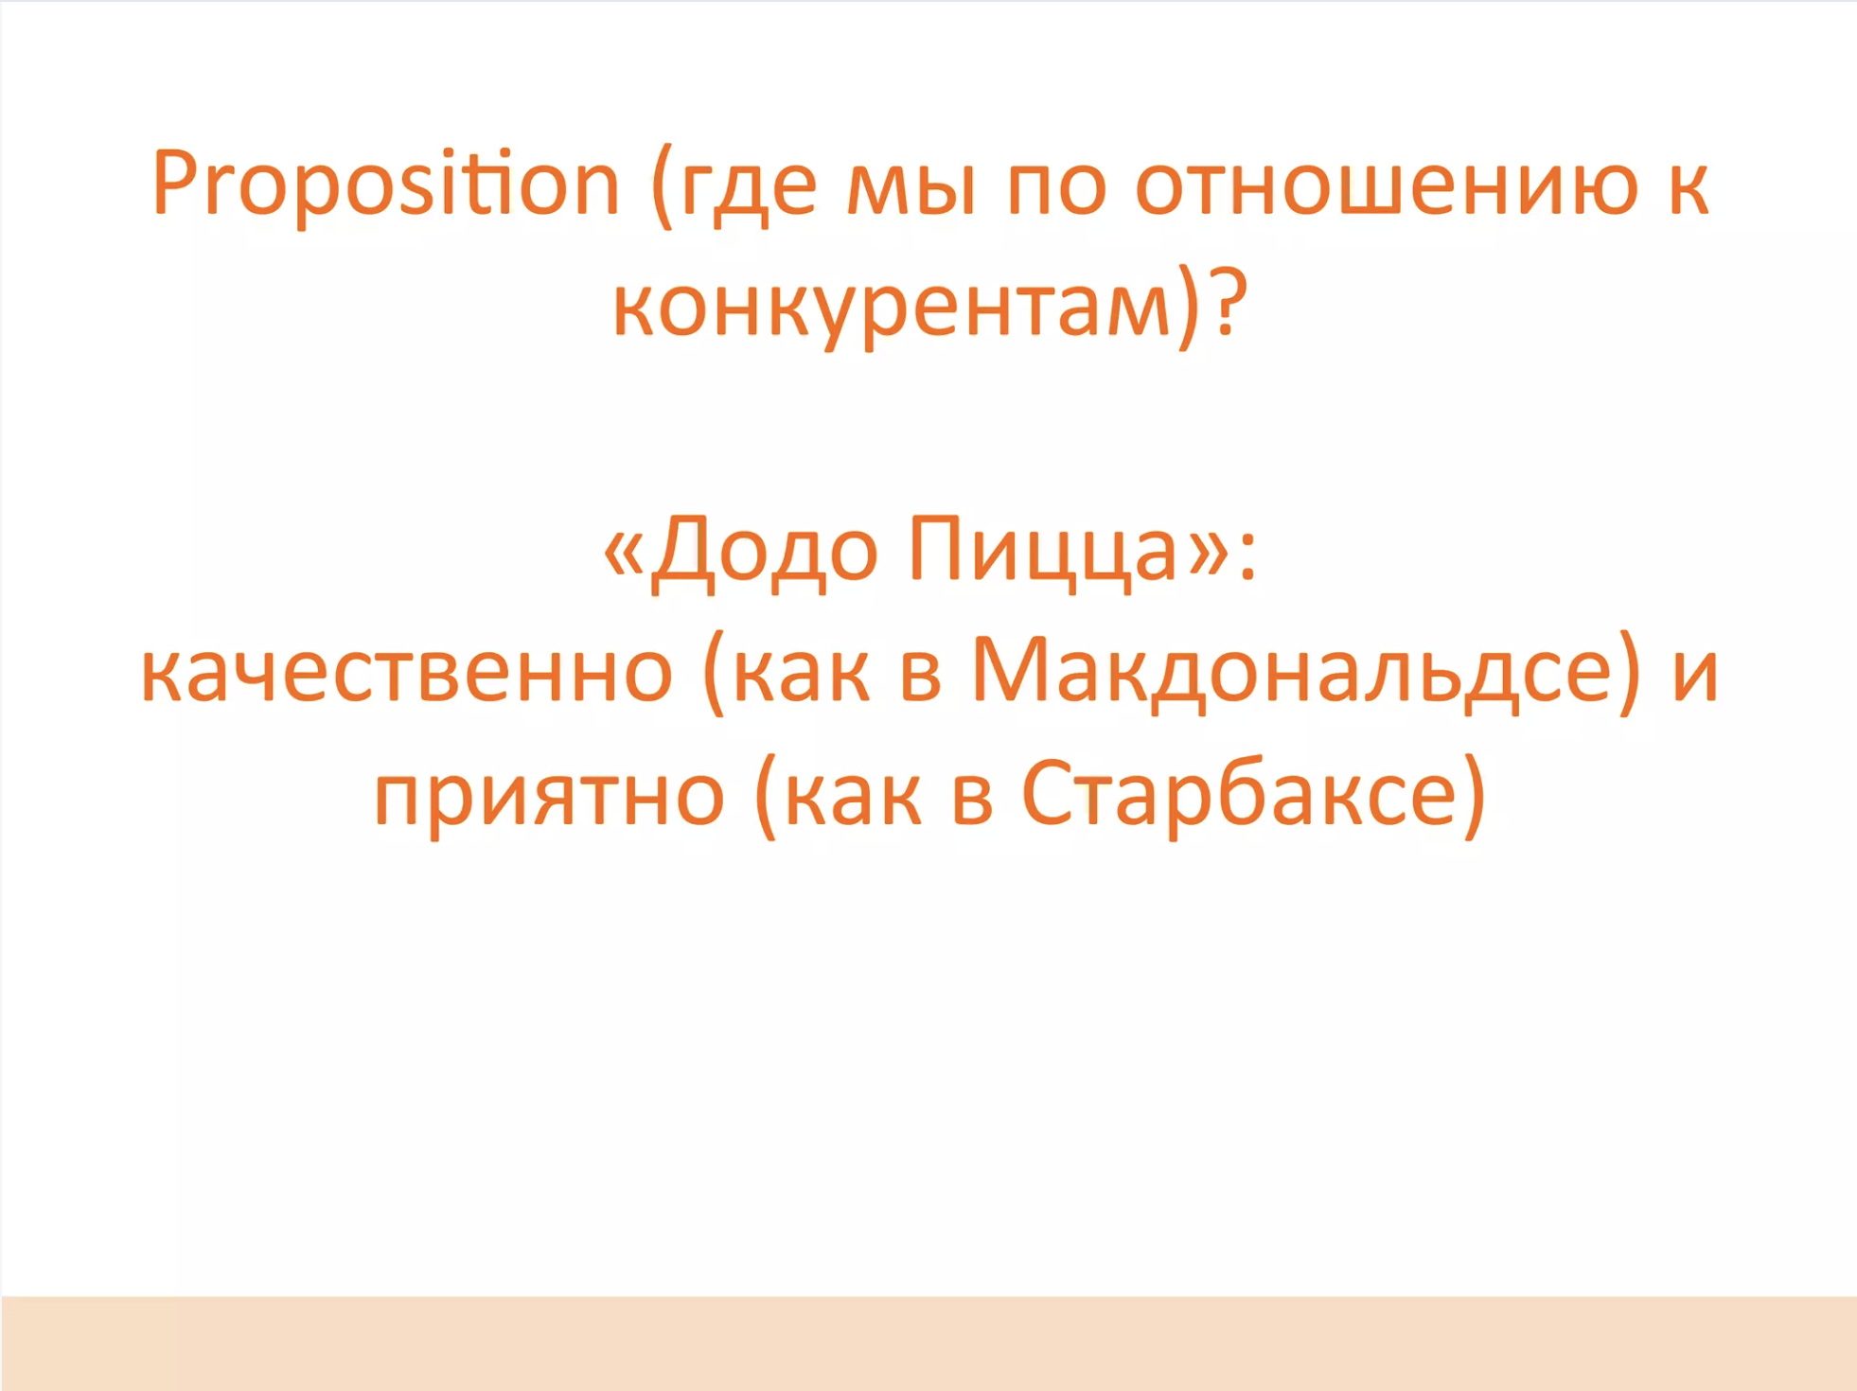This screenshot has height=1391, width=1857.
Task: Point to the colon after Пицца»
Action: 1247,554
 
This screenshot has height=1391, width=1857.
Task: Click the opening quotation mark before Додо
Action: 624,553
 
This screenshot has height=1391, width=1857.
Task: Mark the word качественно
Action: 407,673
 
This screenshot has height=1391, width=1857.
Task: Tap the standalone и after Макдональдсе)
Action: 1695,673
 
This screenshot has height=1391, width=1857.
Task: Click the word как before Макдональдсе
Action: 801,673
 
